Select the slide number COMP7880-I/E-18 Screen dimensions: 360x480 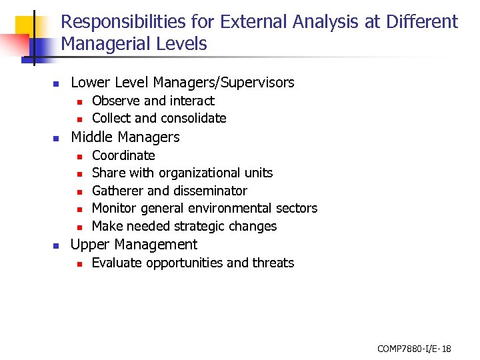click(x=414, y=348)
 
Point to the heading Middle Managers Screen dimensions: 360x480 click(x=125, y=137)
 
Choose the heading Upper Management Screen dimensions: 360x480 click(x=134, y=245)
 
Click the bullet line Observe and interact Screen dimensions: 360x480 click(x=153, y=101)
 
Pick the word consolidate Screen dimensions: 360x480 click(x=192, y=119)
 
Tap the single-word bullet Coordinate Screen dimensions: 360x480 click(x=123, y=155)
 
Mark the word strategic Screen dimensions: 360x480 click(x=201, y=227)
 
